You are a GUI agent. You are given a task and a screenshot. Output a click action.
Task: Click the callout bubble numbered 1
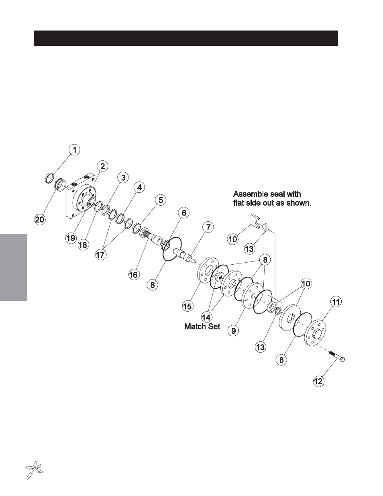click(75, 150)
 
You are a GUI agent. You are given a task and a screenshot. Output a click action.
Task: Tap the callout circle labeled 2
click(103, 166)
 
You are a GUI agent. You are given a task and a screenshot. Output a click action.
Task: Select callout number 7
click(208, 228)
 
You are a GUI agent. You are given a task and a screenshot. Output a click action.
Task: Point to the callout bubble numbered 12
click(319, 381)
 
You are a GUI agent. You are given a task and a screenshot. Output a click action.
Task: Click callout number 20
click(40, 220)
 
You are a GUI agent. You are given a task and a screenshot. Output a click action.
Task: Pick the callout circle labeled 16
click(134, 275)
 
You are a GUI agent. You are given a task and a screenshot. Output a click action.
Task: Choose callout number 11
click(336, 302)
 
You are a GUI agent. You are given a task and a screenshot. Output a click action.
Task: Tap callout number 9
click(234, 331)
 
